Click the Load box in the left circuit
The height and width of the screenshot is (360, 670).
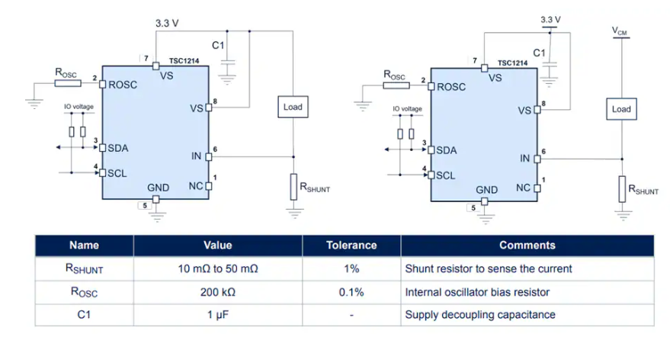293,107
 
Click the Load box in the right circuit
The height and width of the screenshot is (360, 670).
621,109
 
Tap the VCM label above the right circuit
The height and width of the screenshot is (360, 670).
620,31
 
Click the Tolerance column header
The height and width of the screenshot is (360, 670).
351,246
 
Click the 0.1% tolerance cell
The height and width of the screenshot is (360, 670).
351,292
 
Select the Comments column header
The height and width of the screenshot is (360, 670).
527,246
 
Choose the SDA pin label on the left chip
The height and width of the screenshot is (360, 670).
118,147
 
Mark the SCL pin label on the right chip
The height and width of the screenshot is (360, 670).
446,175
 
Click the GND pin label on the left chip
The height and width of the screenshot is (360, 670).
158,188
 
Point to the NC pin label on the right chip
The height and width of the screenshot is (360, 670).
523,188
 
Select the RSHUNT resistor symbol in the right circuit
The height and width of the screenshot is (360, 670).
621,188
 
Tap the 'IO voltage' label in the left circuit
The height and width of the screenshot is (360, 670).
78,108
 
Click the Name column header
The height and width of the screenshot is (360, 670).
84,246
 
